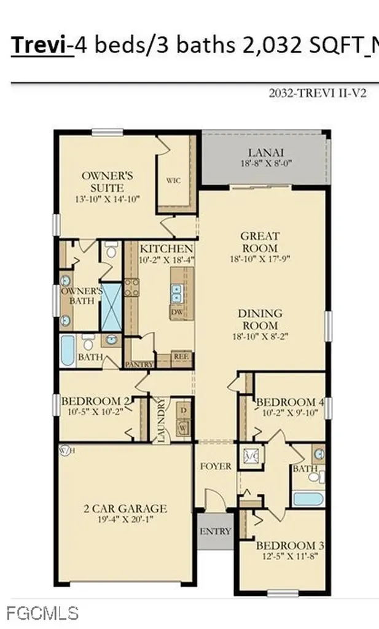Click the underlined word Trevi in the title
pos(41,45)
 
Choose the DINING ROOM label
pos(259,319)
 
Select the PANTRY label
pos(138,364)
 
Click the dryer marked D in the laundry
pos(183,410)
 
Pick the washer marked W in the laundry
pos(183,426)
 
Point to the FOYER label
pos(216,466)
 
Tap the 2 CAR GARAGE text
pos(125,508)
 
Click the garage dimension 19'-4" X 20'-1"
pos(125,520)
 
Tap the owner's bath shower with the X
pos(111,307)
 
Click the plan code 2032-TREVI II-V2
pos(318,94)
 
